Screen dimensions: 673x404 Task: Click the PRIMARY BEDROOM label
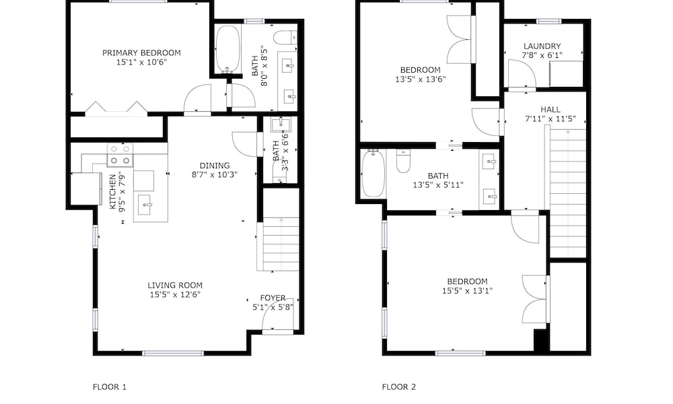141,53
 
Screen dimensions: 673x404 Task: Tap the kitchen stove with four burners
120,155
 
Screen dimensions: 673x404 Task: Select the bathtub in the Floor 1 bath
227,49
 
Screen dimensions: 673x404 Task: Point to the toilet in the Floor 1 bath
285,38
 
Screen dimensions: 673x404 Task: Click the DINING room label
215,165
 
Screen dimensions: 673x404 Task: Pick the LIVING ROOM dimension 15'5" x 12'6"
175,294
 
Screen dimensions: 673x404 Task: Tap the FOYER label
273,298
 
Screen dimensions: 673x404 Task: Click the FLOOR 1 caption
110,386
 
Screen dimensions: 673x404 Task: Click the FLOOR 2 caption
398,386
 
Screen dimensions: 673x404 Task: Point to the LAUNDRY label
542,46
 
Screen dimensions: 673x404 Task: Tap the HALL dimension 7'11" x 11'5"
551,119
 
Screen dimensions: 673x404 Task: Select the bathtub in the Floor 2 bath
373,174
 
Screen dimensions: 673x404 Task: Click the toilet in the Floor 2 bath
403,161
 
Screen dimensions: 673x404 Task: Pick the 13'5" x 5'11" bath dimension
438,185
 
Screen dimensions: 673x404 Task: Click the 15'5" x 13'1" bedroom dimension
468,291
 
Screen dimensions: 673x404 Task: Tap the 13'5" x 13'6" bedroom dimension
421,79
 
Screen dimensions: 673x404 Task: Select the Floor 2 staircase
568,193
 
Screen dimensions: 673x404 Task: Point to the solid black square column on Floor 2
541,341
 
